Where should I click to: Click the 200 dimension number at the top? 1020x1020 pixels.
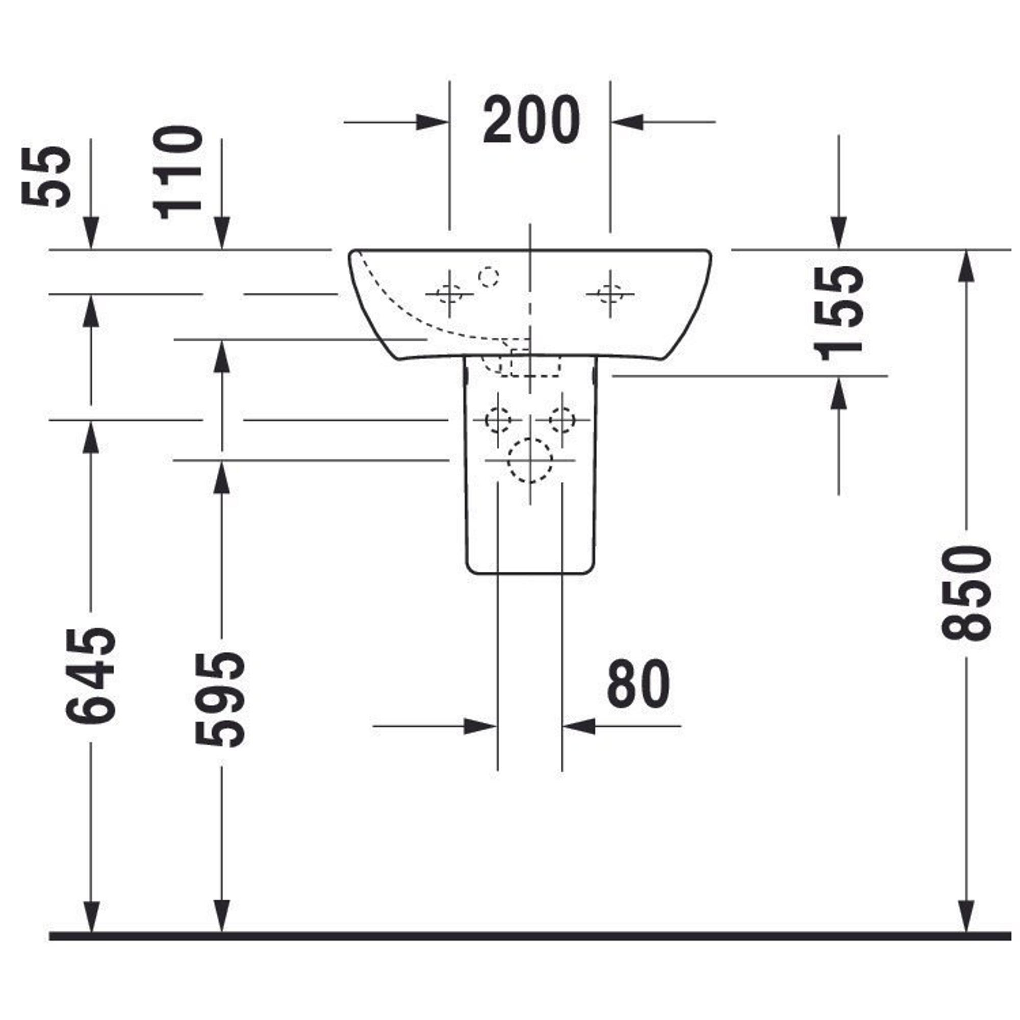pos(531,120)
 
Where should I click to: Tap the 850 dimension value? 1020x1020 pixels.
pos(967,594)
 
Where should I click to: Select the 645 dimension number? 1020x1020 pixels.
pos(91,676)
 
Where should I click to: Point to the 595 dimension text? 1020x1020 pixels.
pos(220,700)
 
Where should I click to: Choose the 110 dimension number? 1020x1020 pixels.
pos(177,173)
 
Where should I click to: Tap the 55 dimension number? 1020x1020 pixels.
pos(46,176)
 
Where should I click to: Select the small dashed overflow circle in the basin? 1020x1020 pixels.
pos(489,276)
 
